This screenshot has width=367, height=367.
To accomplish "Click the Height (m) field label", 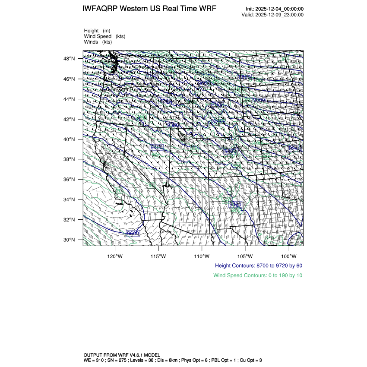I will click(97, 31).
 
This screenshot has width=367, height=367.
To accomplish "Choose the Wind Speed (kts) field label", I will click(105, 36).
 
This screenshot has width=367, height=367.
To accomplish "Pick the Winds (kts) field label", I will click(98, 42).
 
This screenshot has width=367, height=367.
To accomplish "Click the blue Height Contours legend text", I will click(259, 266).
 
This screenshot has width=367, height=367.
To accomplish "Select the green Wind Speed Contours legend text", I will click(258, 275).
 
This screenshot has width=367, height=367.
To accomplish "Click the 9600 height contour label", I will click(133, 234).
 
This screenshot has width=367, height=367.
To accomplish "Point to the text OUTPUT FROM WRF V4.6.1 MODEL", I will click(122, 354).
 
